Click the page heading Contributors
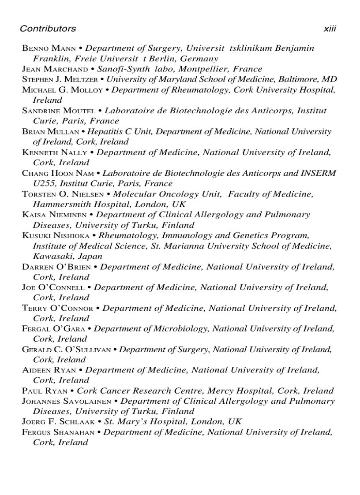click(x=48, y=29)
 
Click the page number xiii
click(x=330, y=29)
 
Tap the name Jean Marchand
click(x=55, y=69)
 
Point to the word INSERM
click(x=319, y=173)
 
